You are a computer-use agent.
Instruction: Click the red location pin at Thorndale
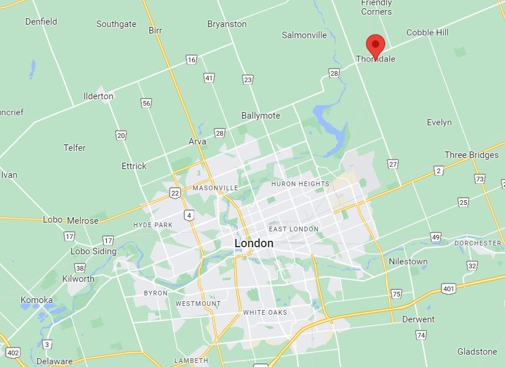click(x=375, y=45)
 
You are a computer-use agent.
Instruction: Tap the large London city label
click(x=254, y=243)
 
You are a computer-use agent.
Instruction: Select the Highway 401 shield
click(x=449, y=288)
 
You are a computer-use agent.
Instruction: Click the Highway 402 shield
click(x=12, y=352)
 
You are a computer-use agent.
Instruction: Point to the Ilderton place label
click(x=98, y=96)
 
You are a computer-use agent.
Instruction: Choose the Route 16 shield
click(x=191, y=59)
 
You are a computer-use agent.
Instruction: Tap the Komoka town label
click(x=36, y=300)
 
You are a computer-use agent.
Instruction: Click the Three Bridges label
click(x=472, y=155)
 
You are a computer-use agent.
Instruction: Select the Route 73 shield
click(x=480, y=179)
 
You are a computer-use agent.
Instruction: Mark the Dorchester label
click(x=477, y=243)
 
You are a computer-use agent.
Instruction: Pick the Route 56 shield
click(x=146, y=103)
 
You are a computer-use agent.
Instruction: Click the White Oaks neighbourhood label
click(x=265, y=312)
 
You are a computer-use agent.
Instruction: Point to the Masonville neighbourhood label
click(x=216, y=188)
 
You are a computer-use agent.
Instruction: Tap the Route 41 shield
click(x=209, y=78)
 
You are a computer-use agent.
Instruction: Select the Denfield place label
click(x=41, y=22)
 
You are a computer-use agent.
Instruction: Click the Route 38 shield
click(x=80, y=268)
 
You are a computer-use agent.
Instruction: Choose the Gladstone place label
click(x=477, y=352)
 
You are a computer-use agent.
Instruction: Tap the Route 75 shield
click(x=396, y=294)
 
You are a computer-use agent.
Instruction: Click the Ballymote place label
click(x=261, y=116)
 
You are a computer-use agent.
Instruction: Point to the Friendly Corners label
click(x=376, y=7)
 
